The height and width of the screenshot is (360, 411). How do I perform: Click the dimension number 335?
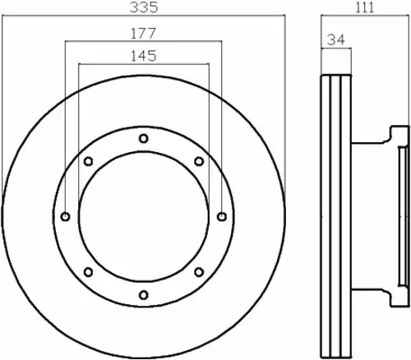(144, 7)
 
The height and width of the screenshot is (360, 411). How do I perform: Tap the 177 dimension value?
(143, 34)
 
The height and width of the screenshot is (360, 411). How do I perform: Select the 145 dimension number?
(143, 56)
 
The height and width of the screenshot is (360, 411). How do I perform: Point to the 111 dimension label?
(365, 7)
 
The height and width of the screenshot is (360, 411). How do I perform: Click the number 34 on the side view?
(336, 40)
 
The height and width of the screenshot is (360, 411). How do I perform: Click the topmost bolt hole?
(144, 138)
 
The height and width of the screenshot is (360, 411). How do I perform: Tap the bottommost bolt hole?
(144, 295)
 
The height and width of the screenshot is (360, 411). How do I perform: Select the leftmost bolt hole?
(65, 217)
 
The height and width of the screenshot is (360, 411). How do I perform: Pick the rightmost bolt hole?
(222, 217)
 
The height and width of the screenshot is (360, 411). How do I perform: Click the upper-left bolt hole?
(88, 161)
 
